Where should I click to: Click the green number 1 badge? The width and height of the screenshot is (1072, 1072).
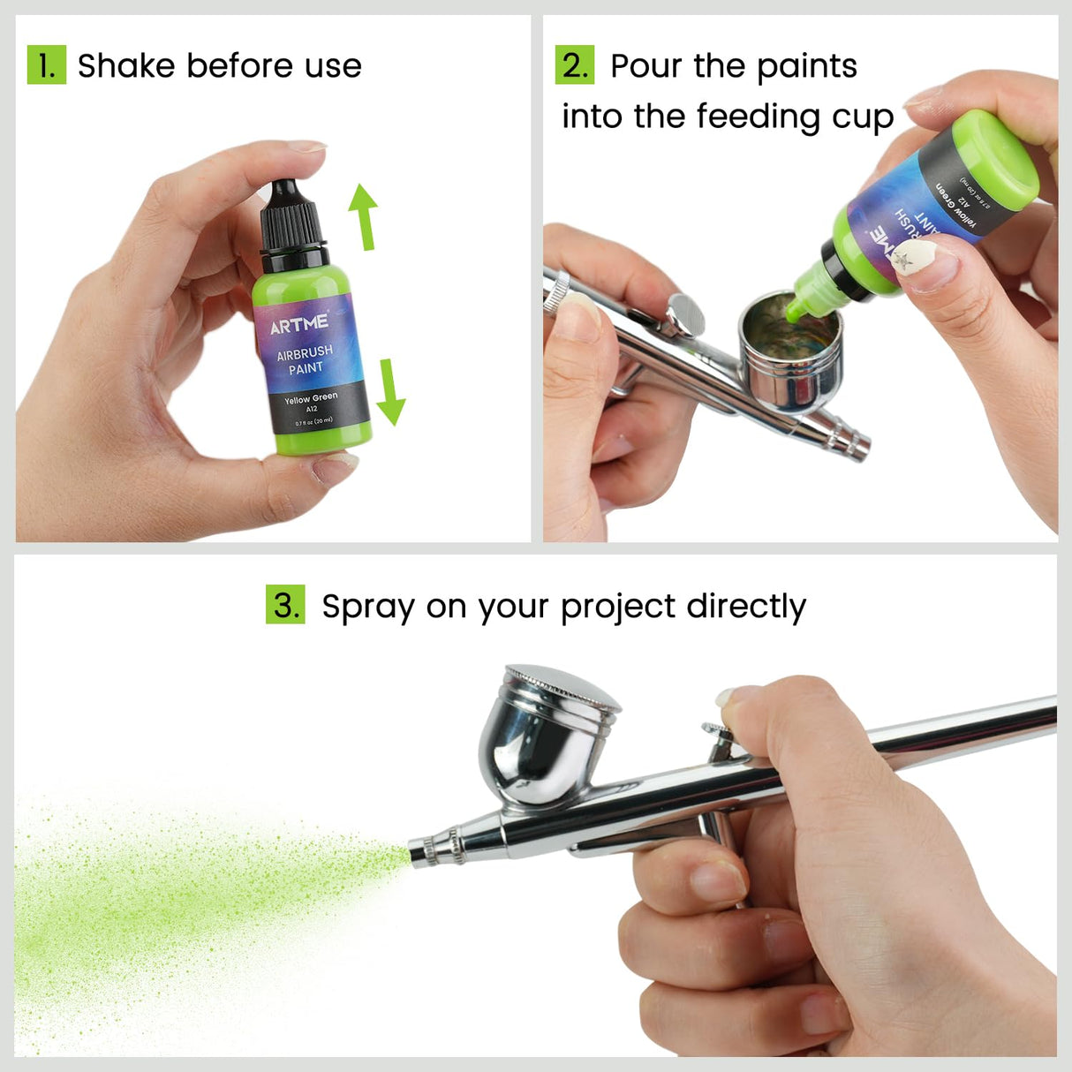click(46, 65)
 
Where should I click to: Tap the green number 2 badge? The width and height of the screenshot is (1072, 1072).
click(574, 65)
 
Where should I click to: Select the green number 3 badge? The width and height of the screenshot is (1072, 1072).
click(285, 605)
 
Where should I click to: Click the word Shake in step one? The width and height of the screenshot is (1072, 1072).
click(126, 66)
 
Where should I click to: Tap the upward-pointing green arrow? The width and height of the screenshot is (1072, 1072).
click(363, 215)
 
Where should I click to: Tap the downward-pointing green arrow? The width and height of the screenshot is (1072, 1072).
click(389, 391)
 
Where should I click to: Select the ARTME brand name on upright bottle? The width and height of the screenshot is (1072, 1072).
click(299, 324)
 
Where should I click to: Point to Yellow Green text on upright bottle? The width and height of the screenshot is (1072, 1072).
click(310, 399)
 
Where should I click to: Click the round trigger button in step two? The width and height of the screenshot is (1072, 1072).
click(685, 311)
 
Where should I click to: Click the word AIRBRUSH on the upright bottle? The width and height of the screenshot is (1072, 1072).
click(305, 352)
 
